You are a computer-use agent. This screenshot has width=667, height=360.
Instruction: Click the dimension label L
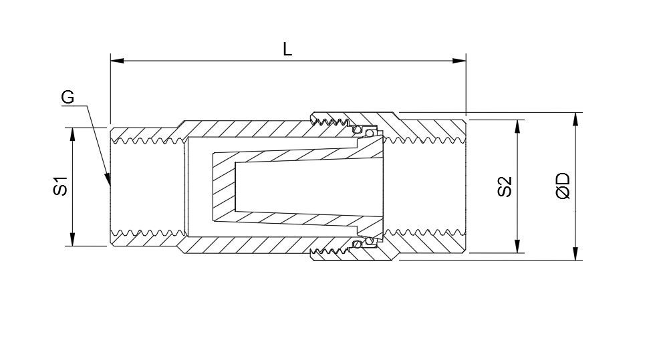(x=287, y=49)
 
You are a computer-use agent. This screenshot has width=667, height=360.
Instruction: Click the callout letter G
(x=68, y=98)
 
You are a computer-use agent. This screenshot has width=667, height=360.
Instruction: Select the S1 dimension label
(x=61, y=186)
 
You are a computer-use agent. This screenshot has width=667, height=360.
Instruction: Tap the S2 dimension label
(x=505, y=186)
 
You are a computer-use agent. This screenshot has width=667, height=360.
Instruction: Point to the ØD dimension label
(x=563, y=186)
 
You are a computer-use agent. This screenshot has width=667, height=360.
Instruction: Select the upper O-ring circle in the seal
(x=359, y=129)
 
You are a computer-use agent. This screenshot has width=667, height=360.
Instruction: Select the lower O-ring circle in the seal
(x=359, y=243)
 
